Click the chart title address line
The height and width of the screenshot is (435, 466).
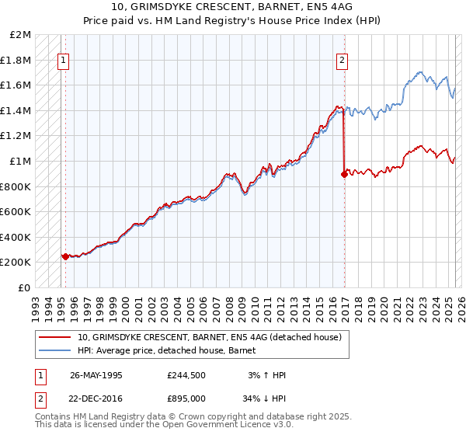[233, 7]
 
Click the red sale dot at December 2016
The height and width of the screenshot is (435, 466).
[343, 174]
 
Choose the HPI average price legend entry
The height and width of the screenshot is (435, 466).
[172, 350]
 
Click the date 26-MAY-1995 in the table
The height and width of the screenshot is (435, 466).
[96, 374]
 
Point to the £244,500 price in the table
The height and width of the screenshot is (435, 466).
[186, 374]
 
